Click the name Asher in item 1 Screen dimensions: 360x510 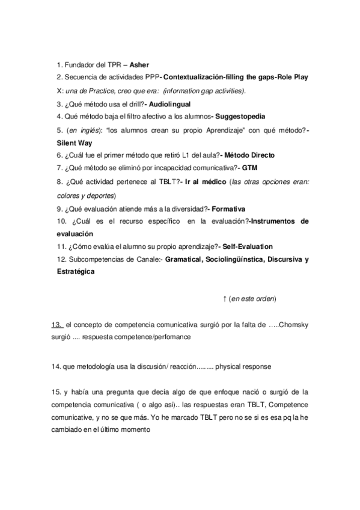[139, 65]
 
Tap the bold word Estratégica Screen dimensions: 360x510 [75, 272]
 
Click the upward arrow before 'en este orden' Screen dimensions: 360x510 [224, 298]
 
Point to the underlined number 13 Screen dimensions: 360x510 [58, 325]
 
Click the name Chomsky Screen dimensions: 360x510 [294, 325]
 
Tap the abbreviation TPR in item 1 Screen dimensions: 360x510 [106, 65]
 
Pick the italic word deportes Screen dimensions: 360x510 [99, 195]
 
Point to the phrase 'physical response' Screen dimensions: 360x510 [245, 365]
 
